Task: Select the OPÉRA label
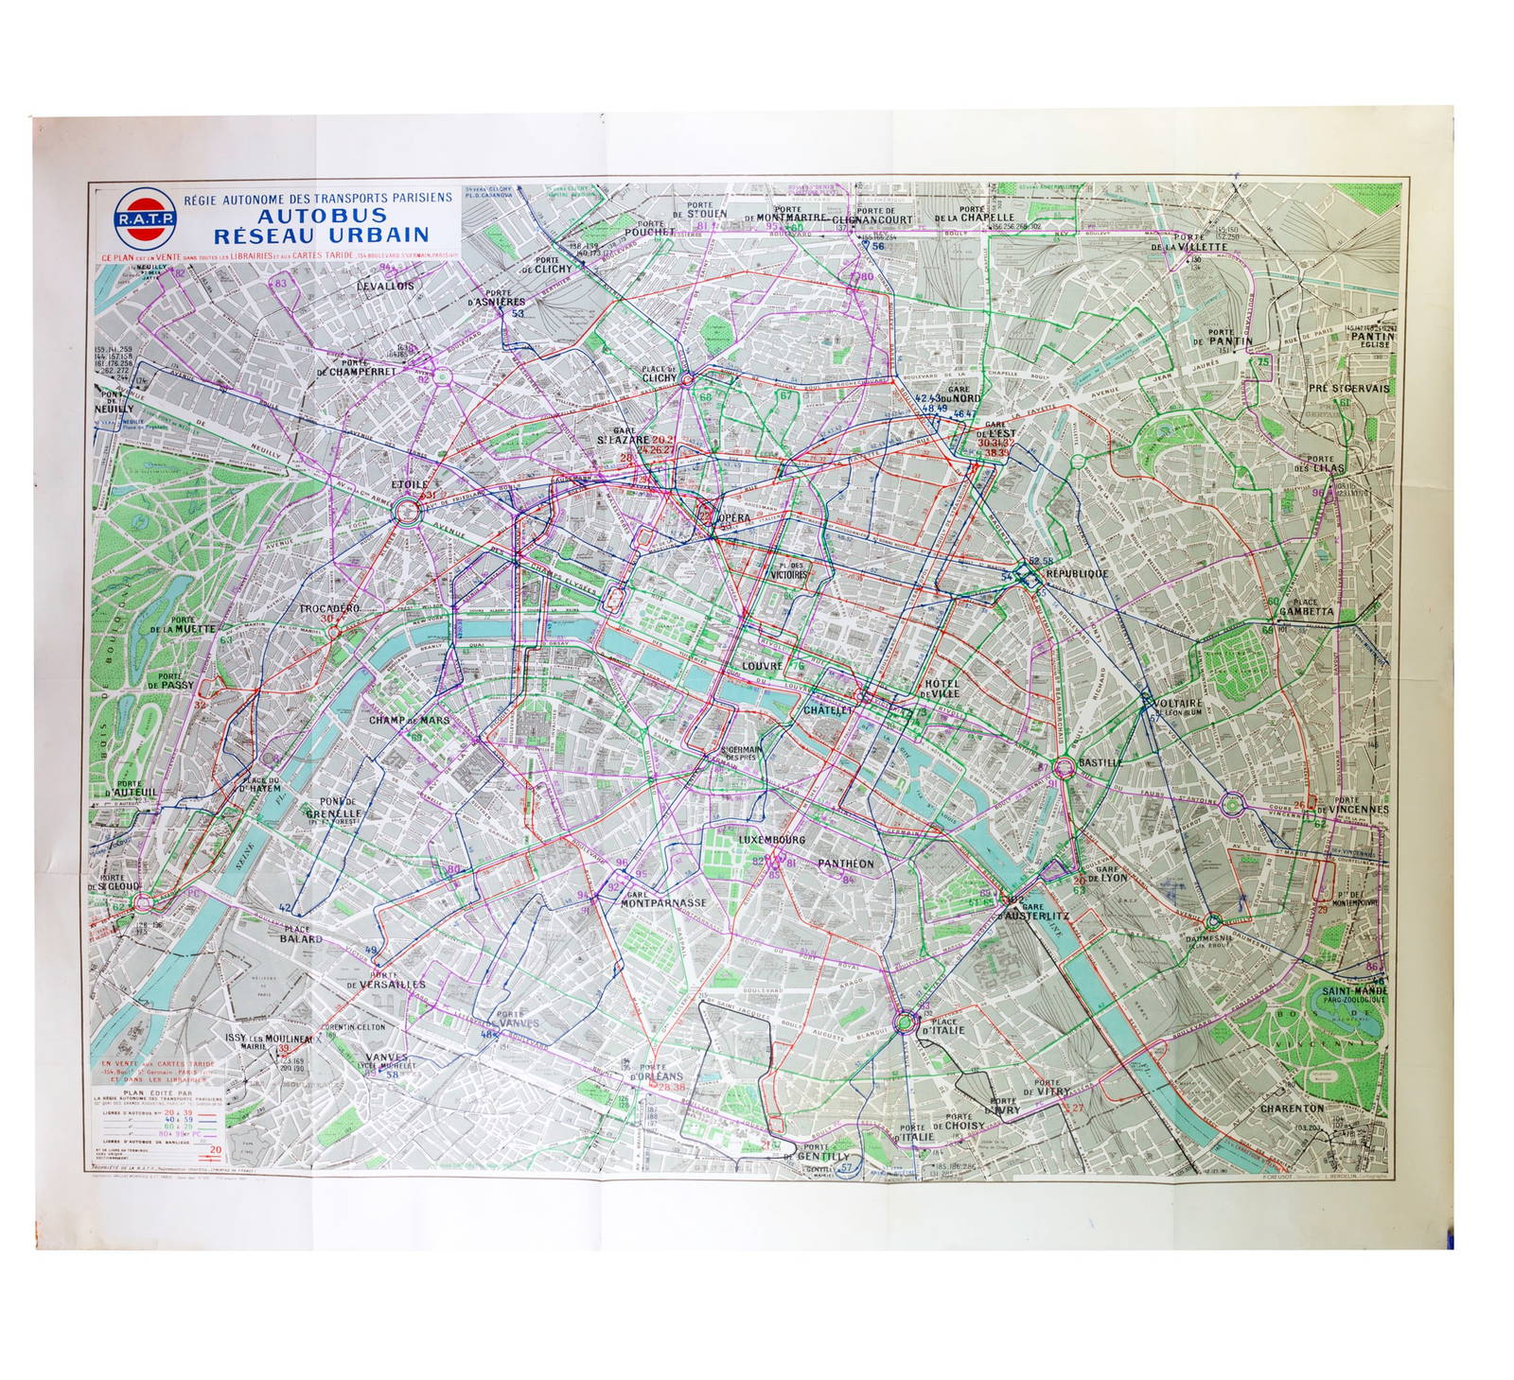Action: tap(733, 519)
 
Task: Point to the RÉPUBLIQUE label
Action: tap(1077, 574)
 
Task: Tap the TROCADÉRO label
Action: tap(329, 608)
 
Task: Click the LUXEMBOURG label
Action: tap(771, 839)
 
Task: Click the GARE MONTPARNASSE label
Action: tap(663, 899)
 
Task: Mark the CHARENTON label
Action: tap(1293, 1108)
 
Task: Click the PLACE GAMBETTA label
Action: tap(1307, 605)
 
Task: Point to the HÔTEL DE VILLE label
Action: tap(942, 688)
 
